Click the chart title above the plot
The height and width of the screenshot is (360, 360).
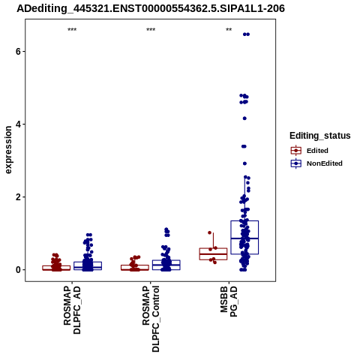(x=151, y=8)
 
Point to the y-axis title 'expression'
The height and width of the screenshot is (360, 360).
(x=8, y=150)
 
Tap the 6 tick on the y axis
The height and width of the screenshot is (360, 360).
(x=18, y=51)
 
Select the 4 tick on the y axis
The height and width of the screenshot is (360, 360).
(x=18, y=124)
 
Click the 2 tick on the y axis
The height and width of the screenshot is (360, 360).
(x=18, y=197)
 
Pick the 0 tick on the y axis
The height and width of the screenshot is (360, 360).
(x=18, y=270)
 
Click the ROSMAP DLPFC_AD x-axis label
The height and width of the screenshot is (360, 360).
(x=72, y=310)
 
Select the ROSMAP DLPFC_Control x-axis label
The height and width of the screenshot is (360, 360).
(x=151, y=319)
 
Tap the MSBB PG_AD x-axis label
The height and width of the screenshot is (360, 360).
(x=229, y=302)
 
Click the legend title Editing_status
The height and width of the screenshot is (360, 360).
(x=320, y=136)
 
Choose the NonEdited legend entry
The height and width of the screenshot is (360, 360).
(x=316, y=163)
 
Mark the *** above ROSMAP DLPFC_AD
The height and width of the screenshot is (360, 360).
(x=72, y=30)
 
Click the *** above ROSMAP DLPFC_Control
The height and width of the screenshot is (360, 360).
(x=151, y=30)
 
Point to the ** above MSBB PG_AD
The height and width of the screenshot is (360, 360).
(x=229, y=30)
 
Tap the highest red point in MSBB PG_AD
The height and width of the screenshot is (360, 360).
(x=210, y=232)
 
